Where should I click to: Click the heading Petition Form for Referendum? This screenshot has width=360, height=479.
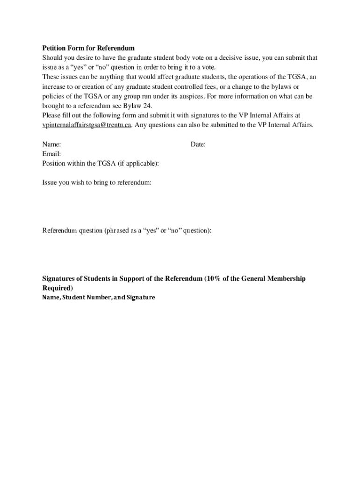(88, 48)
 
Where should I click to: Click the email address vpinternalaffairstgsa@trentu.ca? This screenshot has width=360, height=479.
(87, 125)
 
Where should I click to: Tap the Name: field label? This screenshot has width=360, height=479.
(51, 145)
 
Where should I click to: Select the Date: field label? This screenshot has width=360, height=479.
(198, 145)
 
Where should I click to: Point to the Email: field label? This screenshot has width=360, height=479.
(51, 154)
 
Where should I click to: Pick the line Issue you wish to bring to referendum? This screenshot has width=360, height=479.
(97, 182)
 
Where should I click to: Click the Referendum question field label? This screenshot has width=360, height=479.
(127, 230)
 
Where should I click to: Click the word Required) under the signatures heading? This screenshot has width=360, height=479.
(58, 288)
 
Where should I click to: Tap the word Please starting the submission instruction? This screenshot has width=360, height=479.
(51, 115)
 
